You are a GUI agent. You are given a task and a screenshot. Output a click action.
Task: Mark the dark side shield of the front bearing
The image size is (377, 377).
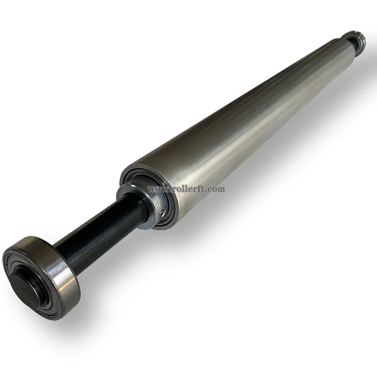pos(19,259)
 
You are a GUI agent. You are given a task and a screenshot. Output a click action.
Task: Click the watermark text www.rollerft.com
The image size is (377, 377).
pos(187,189)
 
